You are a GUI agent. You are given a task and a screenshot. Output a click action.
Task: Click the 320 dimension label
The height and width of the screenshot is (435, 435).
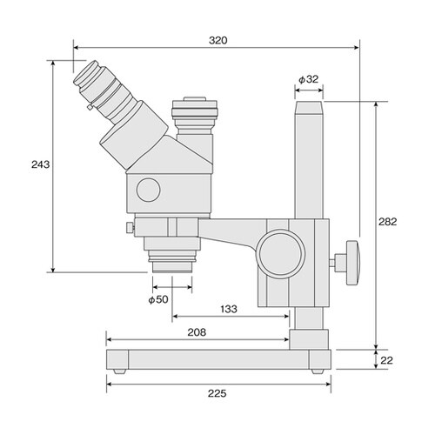218,40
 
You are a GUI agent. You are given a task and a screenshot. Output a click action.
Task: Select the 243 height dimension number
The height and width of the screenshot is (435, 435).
41,164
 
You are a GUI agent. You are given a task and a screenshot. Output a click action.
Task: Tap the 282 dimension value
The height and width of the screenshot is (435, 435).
387,222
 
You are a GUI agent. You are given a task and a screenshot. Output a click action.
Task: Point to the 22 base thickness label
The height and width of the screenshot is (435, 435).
386,360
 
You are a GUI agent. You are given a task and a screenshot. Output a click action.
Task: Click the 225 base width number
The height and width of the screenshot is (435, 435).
217,393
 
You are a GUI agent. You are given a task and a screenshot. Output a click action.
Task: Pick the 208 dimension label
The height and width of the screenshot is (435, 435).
197,332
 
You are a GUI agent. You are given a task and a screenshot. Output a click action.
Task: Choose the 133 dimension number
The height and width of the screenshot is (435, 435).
229,309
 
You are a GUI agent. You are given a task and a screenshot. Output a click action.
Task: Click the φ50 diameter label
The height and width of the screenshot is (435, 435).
158,299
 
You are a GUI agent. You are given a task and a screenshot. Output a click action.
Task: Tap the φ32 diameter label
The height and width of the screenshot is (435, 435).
309,79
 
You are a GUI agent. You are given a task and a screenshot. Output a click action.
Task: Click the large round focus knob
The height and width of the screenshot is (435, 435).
281,253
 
